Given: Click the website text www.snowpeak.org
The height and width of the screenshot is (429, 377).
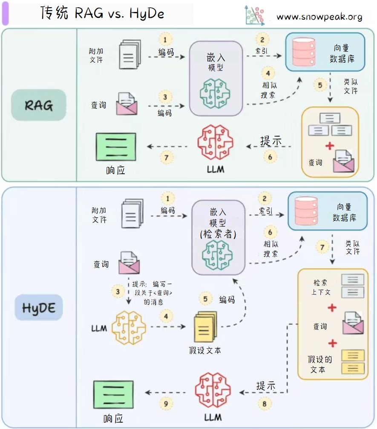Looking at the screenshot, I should click(319, 17).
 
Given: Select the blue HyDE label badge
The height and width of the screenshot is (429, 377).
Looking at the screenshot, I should click(39, 307).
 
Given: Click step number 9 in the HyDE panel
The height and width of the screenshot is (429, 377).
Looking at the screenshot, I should click(166, 403).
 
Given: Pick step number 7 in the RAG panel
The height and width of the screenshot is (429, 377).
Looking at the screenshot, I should click(167, 158).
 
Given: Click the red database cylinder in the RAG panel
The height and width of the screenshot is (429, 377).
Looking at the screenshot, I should click(304, 51).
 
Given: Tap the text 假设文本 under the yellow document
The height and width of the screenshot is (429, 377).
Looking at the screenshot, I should click(205, 350).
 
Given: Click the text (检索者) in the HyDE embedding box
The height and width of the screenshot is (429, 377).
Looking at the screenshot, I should click(218, 233).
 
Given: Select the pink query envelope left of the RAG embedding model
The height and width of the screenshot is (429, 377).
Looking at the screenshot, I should click(127, 104).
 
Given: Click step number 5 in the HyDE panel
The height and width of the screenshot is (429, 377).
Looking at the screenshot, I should click(205, 299).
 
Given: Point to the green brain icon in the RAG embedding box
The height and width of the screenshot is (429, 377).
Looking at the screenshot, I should click(216, 91).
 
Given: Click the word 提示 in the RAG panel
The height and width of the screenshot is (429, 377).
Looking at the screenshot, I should click(271, 140).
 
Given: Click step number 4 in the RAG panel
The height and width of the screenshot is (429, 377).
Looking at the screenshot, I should click(268, 73).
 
